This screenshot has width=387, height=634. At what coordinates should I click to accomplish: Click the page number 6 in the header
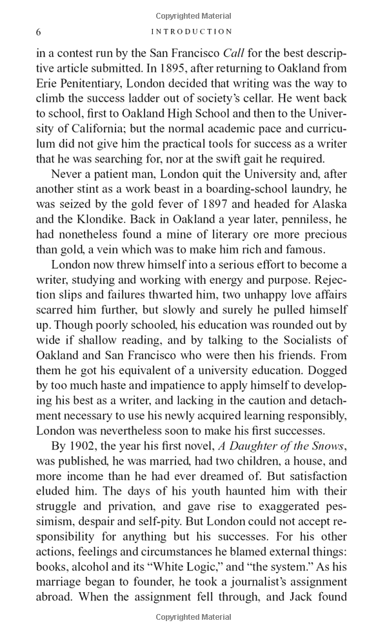[39, 32]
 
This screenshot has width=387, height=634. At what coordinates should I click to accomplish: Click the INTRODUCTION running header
[191, 32]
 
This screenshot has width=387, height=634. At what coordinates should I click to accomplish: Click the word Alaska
[328, 204]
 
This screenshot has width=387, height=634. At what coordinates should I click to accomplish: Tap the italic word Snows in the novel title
[327, 446]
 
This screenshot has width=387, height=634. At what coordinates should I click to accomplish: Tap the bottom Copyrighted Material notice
[193, 617]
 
